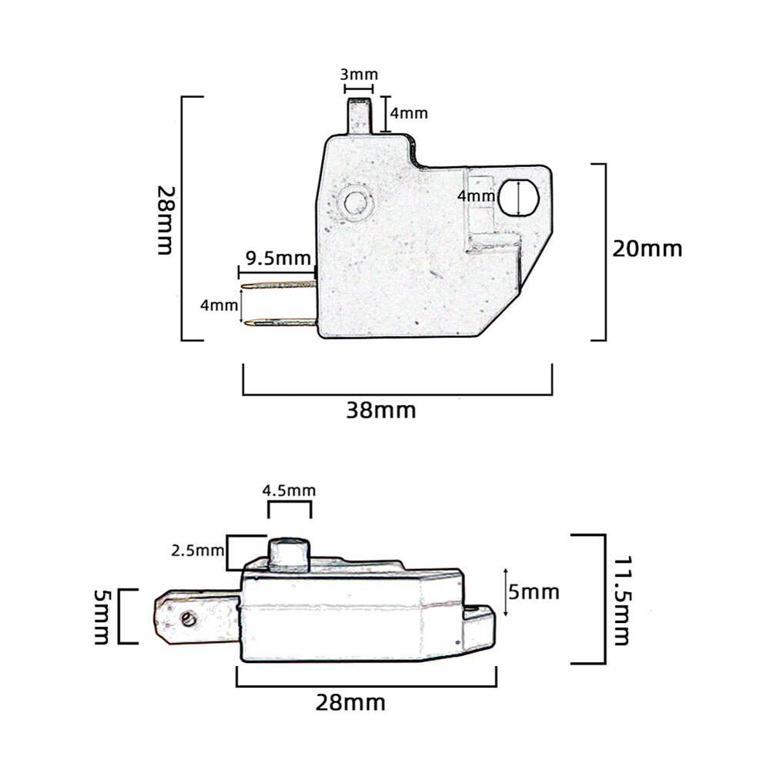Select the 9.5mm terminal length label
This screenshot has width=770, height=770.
point(279,256)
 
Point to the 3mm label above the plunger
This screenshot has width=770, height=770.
point(359,75)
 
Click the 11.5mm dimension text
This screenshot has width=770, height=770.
point(621,591)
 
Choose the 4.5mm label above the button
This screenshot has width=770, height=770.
point(289,490)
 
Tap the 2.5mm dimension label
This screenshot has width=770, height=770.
point(197,551)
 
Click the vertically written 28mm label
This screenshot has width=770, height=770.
point(165,220)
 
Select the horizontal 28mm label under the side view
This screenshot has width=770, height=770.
point(350,702)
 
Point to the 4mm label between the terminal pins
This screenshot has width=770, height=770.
point(219,306)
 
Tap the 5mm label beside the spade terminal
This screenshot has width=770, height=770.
point(101,616)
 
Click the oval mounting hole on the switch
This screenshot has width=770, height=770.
point(520,197)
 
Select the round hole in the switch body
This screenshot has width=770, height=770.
point(355,203)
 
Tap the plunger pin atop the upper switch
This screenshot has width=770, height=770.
point(360,115)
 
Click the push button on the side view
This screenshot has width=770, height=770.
point(288,554)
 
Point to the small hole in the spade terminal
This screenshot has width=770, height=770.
point(187,618)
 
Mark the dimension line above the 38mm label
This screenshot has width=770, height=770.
point(397,394)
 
